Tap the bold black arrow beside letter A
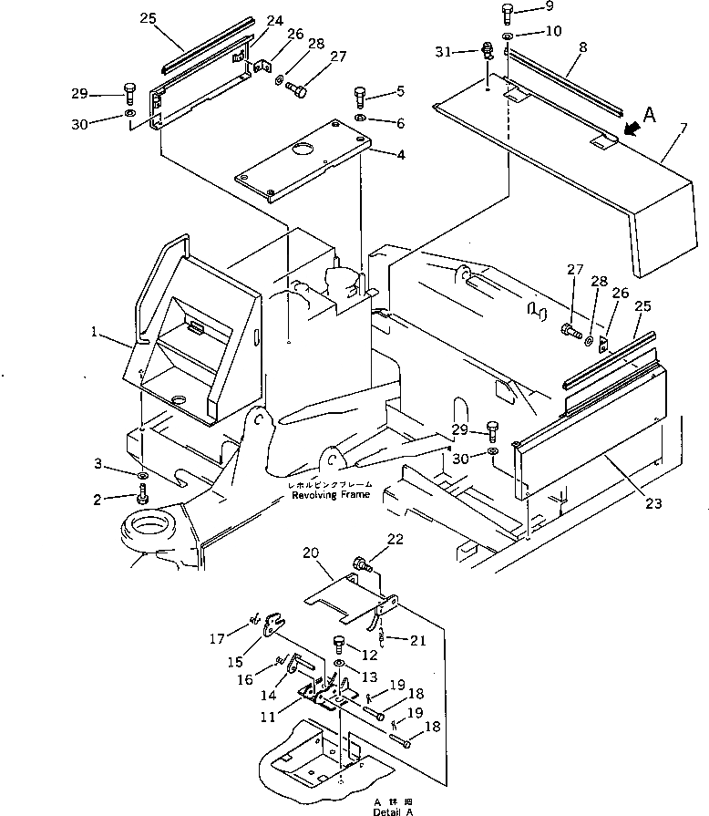coord(631,129)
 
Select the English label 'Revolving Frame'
coord(324,495)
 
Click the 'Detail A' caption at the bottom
coord(392,811)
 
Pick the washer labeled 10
coord(507,36)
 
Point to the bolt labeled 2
coord(142,498)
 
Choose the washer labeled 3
coord(143,477)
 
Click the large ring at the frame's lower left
coord(145,531)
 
